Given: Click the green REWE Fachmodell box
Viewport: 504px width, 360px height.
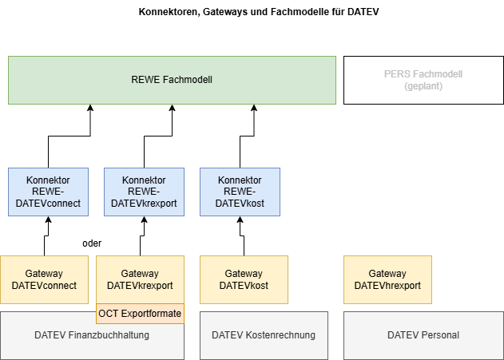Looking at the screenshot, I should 172,80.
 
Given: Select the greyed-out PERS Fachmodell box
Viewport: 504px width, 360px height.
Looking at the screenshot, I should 423,80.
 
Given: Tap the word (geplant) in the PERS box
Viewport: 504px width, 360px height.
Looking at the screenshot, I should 423,85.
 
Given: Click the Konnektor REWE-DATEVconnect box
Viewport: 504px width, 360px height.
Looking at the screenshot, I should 47,192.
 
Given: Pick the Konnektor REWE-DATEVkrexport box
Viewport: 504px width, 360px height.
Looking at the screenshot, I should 144,192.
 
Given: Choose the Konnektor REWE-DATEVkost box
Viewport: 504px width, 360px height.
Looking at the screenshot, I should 240,192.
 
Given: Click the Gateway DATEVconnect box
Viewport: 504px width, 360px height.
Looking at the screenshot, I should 44,279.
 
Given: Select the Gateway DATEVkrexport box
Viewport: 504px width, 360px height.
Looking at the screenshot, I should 140,279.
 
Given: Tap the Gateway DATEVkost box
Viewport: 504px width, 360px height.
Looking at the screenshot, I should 244,279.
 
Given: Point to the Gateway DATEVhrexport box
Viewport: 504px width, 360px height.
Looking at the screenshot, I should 387,279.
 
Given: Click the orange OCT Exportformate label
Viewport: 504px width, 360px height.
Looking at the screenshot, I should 140,314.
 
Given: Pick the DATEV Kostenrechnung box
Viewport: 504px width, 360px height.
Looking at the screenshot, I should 264,335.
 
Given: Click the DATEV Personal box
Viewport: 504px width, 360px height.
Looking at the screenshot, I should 423,335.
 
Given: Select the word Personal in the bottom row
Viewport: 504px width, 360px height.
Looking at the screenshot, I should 440,335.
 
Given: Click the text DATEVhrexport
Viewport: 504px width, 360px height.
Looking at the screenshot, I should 387,286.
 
